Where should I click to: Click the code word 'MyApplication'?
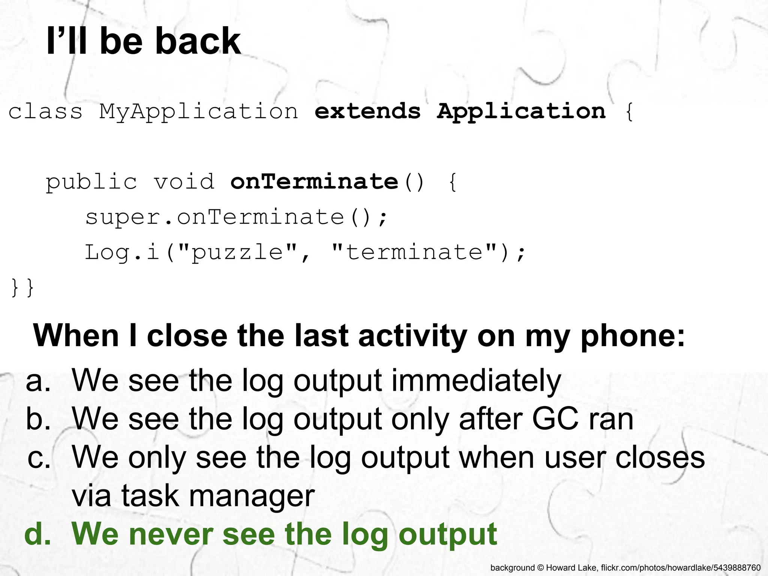198,112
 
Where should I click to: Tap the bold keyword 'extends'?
367,111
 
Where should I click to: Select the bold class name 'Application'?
521,112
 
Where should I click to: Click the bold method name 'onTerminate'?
314,182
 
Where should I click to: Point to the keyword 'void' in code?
184,182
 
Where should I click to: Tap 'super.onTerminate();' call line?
236,217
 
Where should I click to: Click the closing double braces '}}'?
22,288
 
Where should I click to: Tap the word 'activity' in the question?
412,336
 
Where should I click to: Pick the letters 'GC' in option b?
555,419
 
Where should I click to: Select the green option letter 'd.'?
37,534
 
